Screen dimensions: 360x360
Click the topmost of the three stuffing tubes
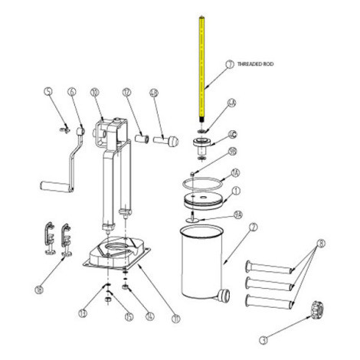pyautogui.click(x=269, y=267)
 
